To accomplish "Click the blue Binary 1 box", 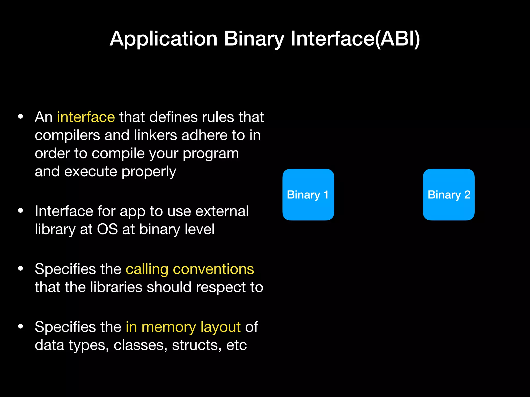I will click(308, 195).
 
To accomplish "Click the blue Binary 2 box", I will click(448, 195).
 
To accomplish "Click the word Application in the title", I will click(164, 39).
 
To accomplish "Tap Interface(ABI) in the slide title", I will click(355, 39).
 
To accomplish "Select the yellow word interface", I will click(86, 117).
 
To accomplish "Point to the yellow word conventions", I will click(213, 269).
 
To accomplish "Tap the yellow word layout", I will click(220, 327).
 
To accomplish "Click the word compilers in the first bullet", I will click(67, 135).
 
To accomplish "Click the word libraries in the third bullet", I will click(116, 287).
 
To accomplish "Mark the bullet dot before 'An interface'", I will click(21, 117).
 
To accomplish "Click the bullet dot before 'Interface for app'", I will click(21, 211).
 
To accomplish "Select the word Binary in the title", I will click(254, 39).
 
